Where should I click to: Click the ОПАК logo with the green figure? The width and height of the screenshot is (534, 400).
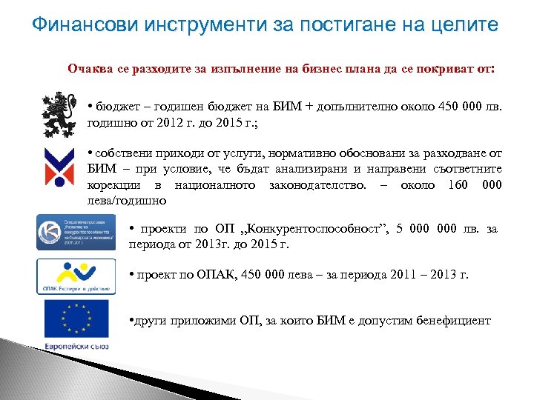76,276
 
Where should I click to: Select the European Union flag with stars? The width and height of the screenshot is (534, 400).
76,319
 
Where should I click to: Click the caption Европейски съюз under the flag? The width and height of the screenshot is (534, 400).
76,346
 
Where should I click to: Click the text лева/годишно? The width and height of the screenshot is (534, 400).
128,201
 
